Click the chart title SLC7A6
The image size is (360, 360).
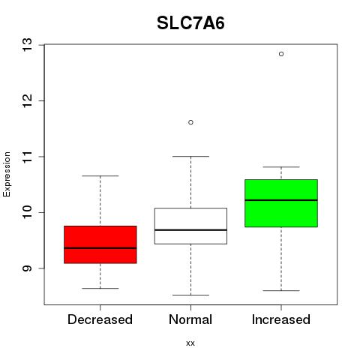[190, 23]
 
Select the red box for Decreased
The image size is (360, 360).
[100, 244]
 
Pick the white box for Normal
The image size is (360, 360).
[190, 226]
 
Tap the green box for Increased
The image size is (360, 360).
[281, 203]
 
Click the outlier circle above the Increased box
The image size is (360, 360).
[281, 54]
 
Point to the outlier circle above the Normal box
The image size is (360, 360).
[190, 122]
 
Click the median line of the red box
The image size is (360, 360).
[100, 248]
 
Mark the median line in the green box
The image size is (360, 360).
[281, 200]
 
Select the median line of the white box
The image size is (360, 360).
[190, 229]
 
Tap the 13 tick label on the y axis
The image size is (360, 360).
[28, 45]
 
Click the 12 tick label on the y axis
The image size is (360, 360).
[28, 100]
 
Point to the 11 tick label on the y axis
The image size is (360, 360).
[28, 157]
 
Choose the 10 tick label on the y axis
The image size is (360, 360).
[28, 212]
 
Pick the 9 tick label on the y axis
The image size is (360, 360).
[28, 268]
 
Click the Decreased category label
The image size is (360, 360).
[100, 319]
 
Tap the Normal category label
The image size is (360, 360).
[190, 319]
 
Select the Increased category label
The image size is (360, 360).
[281, 319]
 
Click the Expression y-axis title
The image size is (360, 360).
[7, 174]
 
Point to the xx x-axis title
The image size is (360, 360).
[190, 343]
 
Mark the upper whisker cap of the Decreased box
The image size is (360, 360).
[100, 175]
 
